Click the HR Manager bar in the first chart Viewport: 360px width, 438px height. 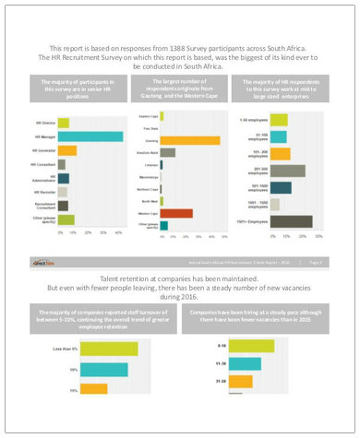point(90,136)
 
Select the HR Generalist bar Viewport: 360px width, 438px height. point(67,150)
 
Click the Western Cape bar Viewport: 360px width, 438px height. point(175,213)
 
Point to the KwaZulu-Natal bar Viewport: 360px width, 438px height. point(167,152)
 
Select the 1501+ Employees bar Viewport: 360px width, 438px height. point(286,220)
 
